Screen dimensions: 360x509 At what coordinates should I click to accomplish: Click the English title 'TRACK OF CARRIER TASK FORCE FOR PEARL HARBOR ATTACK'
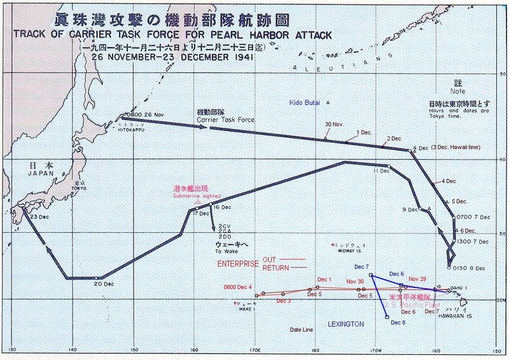click(x=172, y=34)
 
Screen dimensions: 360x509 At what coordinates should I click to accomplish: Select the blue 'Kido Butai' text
click(x=303, y=102)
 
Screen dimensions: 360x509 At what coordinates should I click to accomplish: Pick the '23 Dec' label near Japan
click(x=39, y=218)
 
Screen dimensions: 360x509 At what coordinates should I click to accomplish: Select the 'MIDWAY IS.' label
click(x=347, y=250)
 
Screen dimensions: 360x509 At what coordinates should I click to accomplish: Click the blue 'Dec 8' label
click(x=399, y=322)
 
